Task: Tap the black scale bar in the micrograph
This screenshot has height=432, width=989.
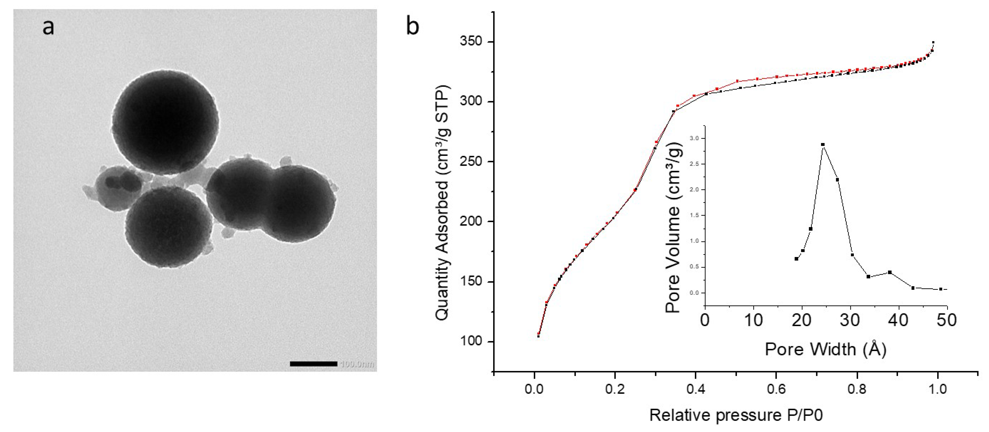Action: [x=313, y=364]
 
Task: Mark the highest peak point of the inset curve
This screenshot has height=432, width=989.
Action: [x=823, y=145]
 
